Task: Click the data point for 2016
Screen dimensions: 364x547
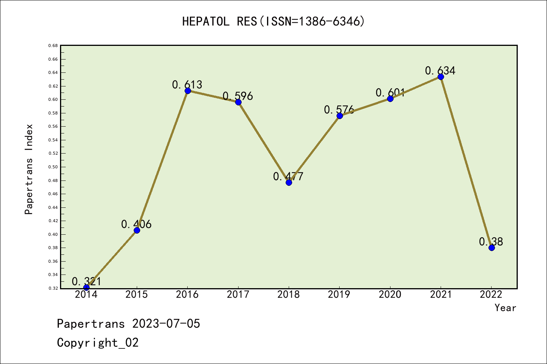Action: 188,91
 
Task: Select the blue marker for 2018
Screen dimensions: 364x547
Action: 289,182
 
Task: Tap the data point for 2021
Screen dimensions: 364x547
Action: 441,77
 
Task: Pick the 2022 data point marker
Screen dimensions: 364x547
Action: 492,248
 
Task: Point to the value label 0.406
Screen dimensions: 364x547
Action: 136,224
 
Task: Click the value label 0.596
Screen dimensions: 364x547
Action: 238,96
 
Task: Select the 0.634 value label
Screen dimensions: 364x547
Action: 440,71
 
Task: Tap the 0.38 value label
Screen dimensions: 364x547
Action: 491,242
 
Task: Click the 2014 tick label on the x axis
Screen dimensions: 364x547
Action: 86,295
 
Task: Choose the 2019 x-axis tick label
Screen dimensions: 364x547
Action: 339,295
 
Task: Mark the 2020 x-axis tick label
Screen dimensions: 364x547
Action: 390,295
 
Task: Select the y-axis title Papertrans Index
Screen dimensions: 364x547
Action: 29,169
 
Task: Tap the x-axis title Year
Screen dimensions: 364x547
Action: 505,308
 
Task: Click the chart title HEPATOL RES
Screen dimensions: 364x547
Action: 273,22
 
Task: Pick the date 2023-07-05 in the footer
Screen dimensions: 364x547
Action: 166,324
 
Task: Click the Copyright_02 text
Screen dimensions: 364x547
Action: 98,343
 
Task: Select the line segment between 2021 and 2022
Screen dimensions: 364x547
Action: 466,162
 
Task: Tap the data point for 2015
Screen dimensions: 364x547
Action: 137,230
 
